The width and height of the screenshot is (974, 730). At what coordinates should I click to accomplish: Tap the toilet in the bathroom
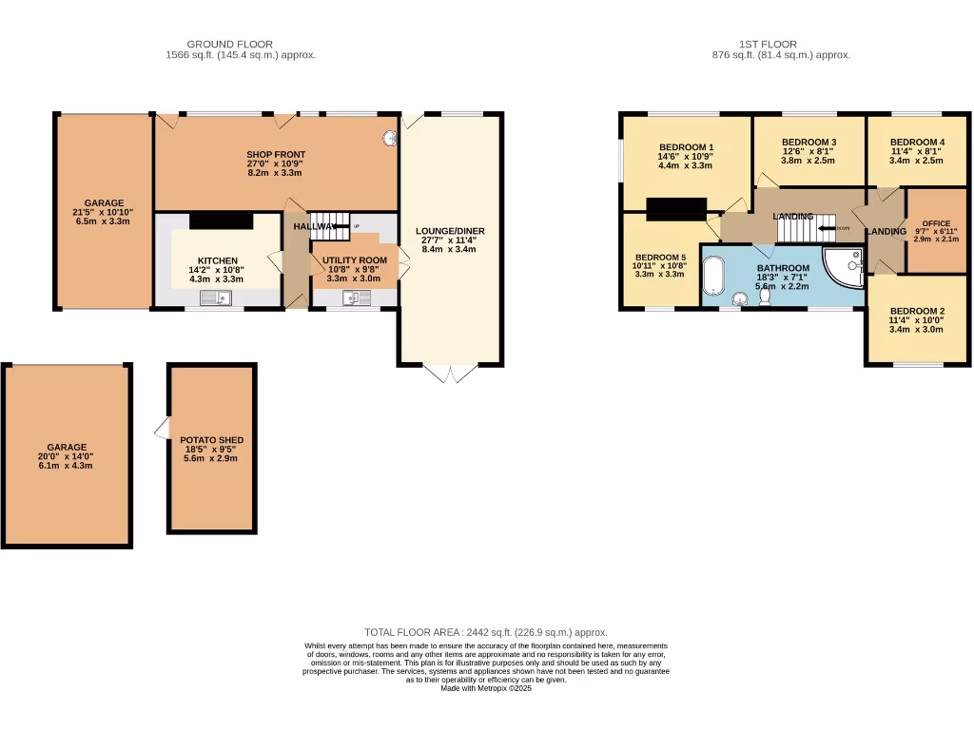click(x=766, y=298)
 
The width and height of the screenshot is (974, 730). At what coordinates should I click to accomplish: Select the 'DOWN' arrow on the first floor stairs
click(x=829, y=228)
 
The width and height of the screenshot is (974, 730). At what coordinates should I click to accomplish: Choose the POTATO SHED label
click(x=212, y=440)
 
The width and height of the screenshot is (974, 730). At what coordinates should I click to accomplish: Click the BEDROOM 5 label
click(x=660, y=257)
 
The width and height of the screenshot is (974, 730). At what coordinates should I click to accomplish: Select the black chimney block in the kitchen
click(x=221, y=221)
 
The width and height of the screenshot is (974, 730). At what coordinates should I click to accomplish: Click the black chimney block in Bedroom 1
click(x=675, y=208)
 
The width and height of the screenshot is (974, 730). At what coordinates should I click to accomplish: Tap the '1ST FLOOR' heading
click(x=768, y=44)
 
